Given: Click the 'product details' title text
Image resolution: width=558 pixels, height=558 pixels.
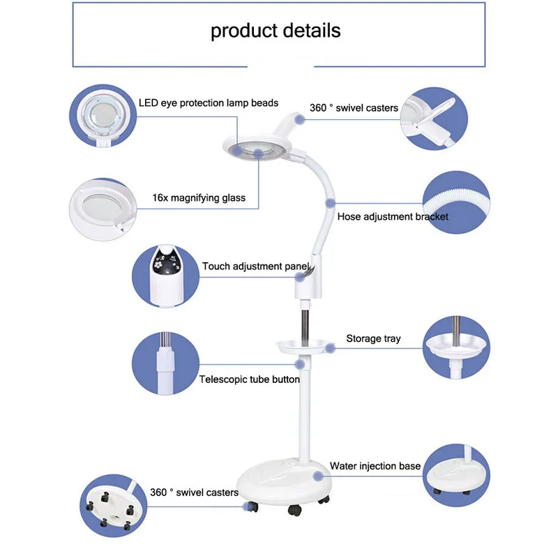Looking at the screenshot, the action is tap(276, 31).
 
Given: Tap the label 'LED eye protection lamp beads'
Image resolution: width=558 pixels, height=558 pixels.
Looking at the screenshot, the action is tap(209, 103).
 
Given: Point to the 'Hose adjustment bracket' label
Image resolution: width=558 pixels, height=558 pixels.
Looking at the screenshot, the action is tap(393, 216).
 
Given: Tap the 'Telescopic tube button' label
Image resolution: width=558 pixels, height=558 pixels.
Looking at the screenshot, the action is tap(249, 379).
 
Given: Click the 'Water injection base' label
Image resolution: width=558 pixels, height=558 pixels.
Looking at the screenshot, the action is tap(375, 465).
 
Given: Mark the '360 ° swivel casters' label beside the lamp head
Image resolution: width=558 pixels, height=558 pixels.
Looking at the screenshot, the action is tap(354, 108).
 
